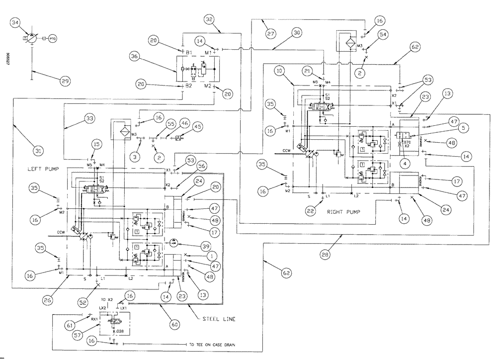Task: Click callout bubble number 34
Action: (x=16, y=22)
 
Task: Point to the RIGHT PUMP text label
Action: (x=343, y=211)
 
